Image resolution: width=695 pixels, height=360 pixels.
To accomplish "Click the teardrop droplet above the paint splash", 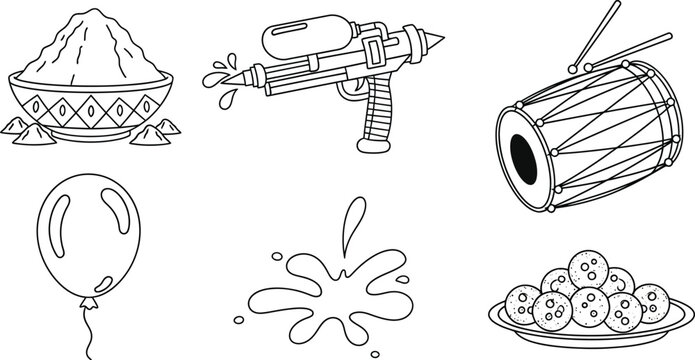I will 351,222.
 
